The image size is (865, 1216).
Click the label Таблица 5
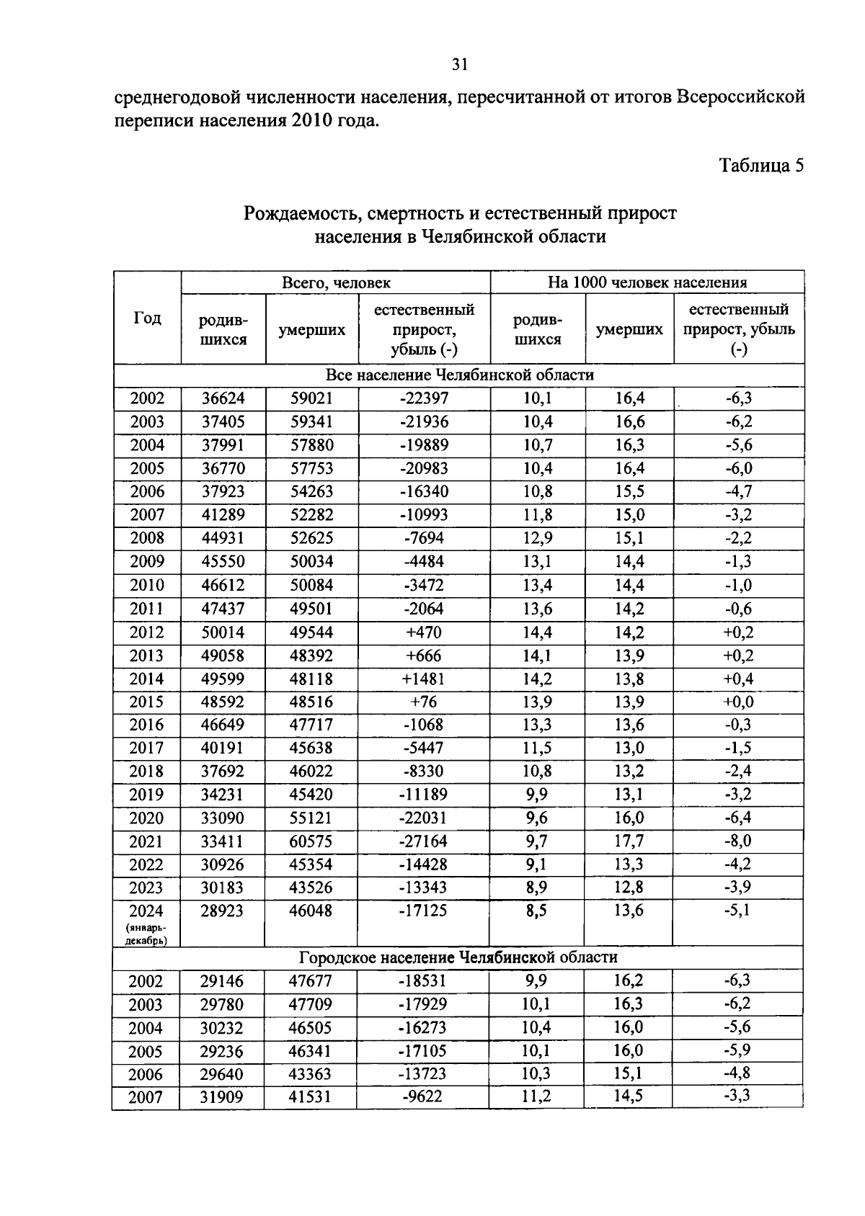(761, 166)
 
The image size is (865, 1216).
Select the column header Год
(147, 318)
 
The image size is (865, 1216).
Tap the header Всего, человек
(336, 282)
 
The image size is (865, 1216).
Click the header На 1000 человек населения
(647, 282)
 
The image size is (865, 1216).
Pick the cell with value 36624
(223, 398)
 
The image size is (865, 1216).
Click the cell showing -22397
(424, 398)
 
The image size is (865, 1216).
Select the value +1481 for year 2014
(424, 679)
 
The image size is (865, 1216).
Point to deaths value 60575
(311, 841)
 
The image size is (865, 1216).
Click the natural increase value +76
(424, 702)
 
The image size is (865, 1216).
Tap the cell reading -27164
(424, 841)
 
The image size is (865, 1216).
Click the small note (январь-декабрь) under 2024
(146, 934)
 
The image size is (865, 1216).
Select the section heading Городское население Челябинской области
(458, 957)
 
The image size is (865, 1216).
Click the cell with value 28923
(223, 911)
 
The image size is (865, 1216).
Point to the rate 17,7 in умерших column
(629, 841)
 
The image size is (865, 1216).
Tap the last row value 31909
(222, 1097)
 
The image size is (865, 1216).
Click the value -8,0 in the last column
(738, 841)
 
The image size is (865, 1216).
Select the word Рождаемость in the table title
(302, 214)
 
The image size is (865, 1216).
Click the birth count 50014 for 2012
(223, 632)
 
